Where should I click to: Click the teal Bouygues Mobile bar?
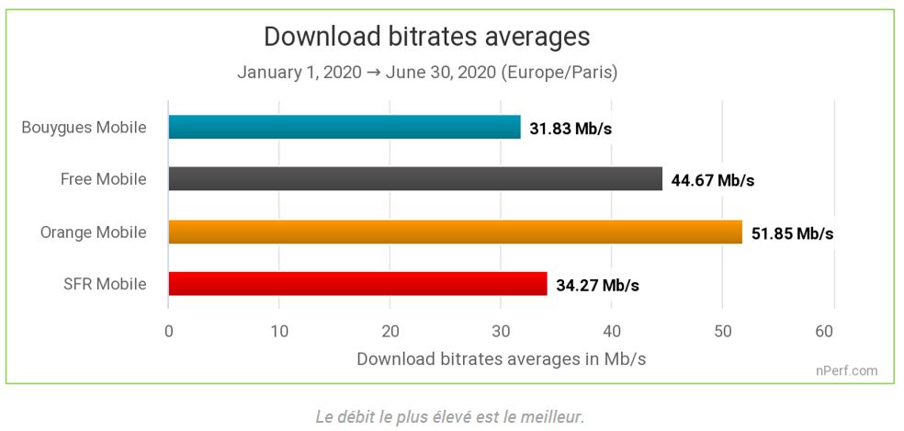pyautogui.click(x=345, y=127)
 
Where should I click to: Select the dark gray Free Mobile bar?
pyautogui.click(x=415, y=179)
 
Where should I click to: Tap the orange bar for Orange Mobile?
pyautogui.click(x=455, y=232)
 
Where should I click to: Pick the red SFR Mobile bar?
pyautogui.click(x=357, y=284)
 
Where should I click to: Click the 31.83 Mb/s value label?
pyautogui.click(x=571, y=128)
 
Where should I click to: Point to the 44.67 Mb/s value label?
pyautogui.click(x=712, y=180)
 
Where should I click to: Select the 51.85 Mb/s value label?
pyautogui.click(x=792, y=233)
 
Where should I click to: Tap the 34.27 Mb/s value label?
pyautogui.click(x=597, y=285)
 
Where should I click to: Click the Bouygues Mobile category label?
pyautogui.click(x=84, y=127)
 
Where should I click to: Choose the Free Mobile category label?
pyautogui.click(x=103, y=179)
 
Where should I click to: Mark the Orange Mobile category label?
pyautogui.click(x=93, y=232)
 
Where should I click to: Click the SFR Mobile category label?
pyautogui.click(x=107, y=284)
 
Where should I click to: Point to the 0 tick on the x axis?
pyautogui.click(x=169, y=331)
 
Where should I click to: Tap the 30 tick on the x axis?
pyautogui.click(x=502, y=331)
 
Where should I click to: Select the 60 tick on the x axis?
pyautogui.click(x=834, y=331)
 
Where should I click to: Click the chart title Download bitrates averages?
pyautogui.click(x=426, y=37)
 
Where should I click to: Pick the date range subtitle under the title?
pyautogui.click(x=426, y=72)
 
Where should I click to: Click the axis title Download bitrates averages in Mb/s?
pyautogui.click(x=501, y=358)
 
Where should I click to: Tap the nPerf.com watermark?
pyautogui.click(x=846, y=371)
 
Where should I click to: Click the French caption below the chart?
pyautogui.click(x=449, y=416)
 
